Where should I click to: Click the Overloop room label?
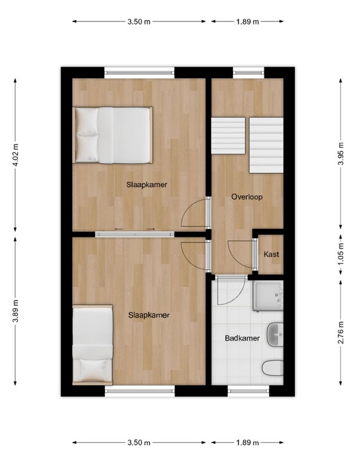247,197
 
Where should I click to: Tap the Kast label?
271,255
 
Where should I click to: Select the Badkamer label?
242,338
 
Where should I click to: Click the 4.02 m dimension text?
16,154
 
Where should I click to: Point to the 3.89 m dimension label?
16,311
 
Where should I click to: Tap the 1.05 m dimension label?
341,255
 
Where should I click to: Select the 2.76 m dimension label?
341,333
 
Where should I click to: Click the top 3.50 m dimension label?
139,21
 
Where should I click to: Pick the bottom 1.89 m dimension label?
248,442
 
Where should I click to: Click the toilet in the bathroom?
273,368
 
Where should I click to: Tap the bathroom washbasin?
275,334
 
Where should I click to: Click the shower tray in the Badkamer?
268,296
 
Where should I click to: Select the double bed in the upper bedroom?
113,135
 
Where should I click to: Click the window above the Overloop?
249,72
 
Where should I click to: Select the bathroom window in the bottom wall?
248,391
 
